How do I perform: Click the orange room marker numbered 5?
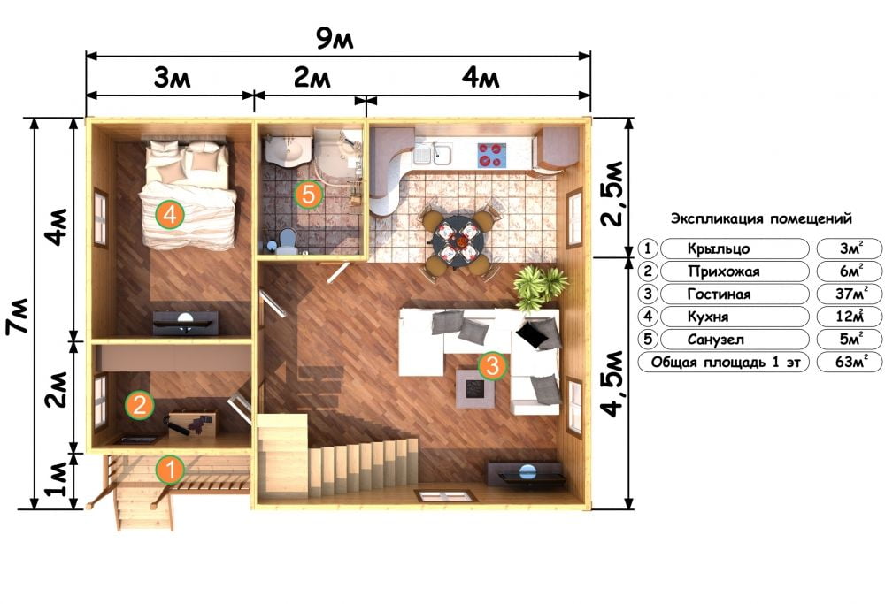pos(308,195)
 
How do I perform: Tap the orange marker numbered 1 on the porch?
pos(170,470)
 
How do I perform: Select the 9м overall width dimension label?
pos(335,39)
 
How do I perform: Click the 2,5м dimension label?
pos(612,194)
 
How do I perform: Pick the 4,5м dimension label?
pos(612,384)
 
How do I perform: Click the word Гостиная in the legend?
pos(719,294)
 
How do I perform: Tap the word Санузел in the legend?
pos(715,340)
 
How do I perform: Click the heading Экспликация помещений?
pos(761,218)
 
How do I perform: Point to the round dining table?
pos(458,239)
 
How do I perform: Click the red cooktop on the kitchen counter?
pos(491,155)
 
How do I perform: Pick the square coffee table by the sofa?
pos(475,388)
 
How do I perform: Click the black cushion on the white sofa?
pos(532,335)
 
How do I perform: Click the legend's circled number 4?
pos(648,317)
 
